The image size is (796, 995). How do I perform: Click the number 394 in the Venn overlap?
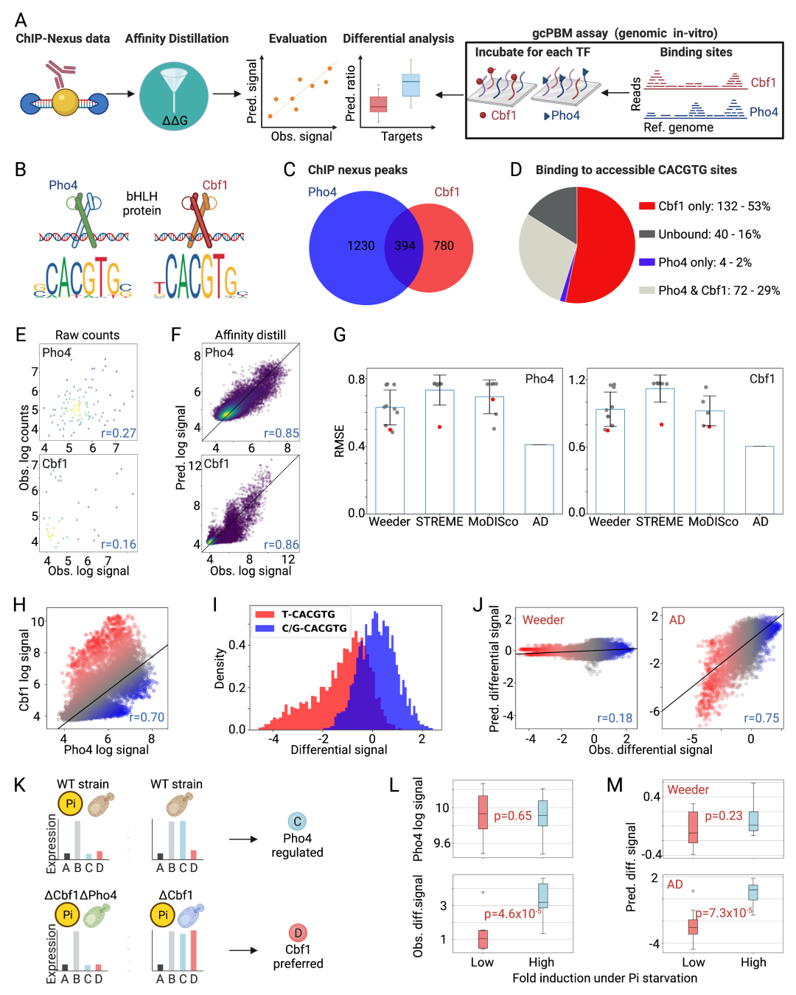[405, 246]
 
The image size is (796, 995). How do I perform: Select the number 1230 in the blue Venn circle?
[361, 246]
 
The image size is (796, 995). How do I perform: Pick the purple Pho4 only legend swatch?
[647, 262]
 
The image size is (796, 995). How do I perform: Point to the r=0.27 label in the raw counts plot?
[119, 433]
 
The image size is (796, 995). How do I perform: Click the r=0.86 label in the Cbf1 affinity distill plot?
[282, 545]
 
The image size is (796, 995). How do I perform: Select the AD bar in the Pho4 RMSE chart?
[539, 479]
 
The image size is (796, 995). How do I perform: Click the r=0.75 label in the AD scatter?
[761, 718]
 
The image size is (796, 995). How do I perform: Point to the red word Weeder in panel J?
[543, 620]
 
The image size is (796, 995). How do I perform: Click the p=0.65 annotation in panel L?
[513, 816]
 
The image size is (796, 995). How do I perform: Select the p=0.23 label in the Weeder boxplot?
[724, 816]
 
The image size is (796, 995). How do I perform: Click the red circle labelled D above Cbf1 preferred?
[298, 933]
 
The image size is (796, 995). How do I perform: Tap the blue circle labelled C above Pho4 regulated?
[297, 822]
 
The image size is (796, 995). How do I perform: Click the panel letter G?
[340, 335]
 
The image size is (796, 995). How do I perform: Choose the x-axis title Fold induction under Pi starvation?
[604, 978]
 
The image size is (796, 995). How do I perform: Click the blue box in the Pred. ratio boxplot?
[411, 85]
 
